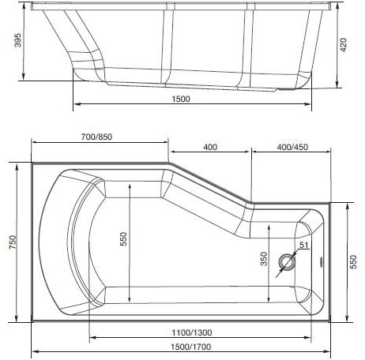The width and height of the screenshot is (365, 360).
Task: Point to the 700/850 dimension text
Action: click(99, 135)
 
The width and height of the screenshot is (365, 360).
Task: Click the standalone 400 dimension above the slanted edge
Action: click(209, 147)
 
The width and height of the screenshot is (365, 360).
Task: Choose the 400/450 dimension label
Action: click(292, 147)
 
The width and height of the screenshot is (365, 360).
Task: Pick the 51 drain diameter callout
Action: click(303, 246)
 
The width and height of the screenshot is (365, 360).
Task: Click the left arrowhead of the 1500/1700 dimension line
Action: click(33, 352)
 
